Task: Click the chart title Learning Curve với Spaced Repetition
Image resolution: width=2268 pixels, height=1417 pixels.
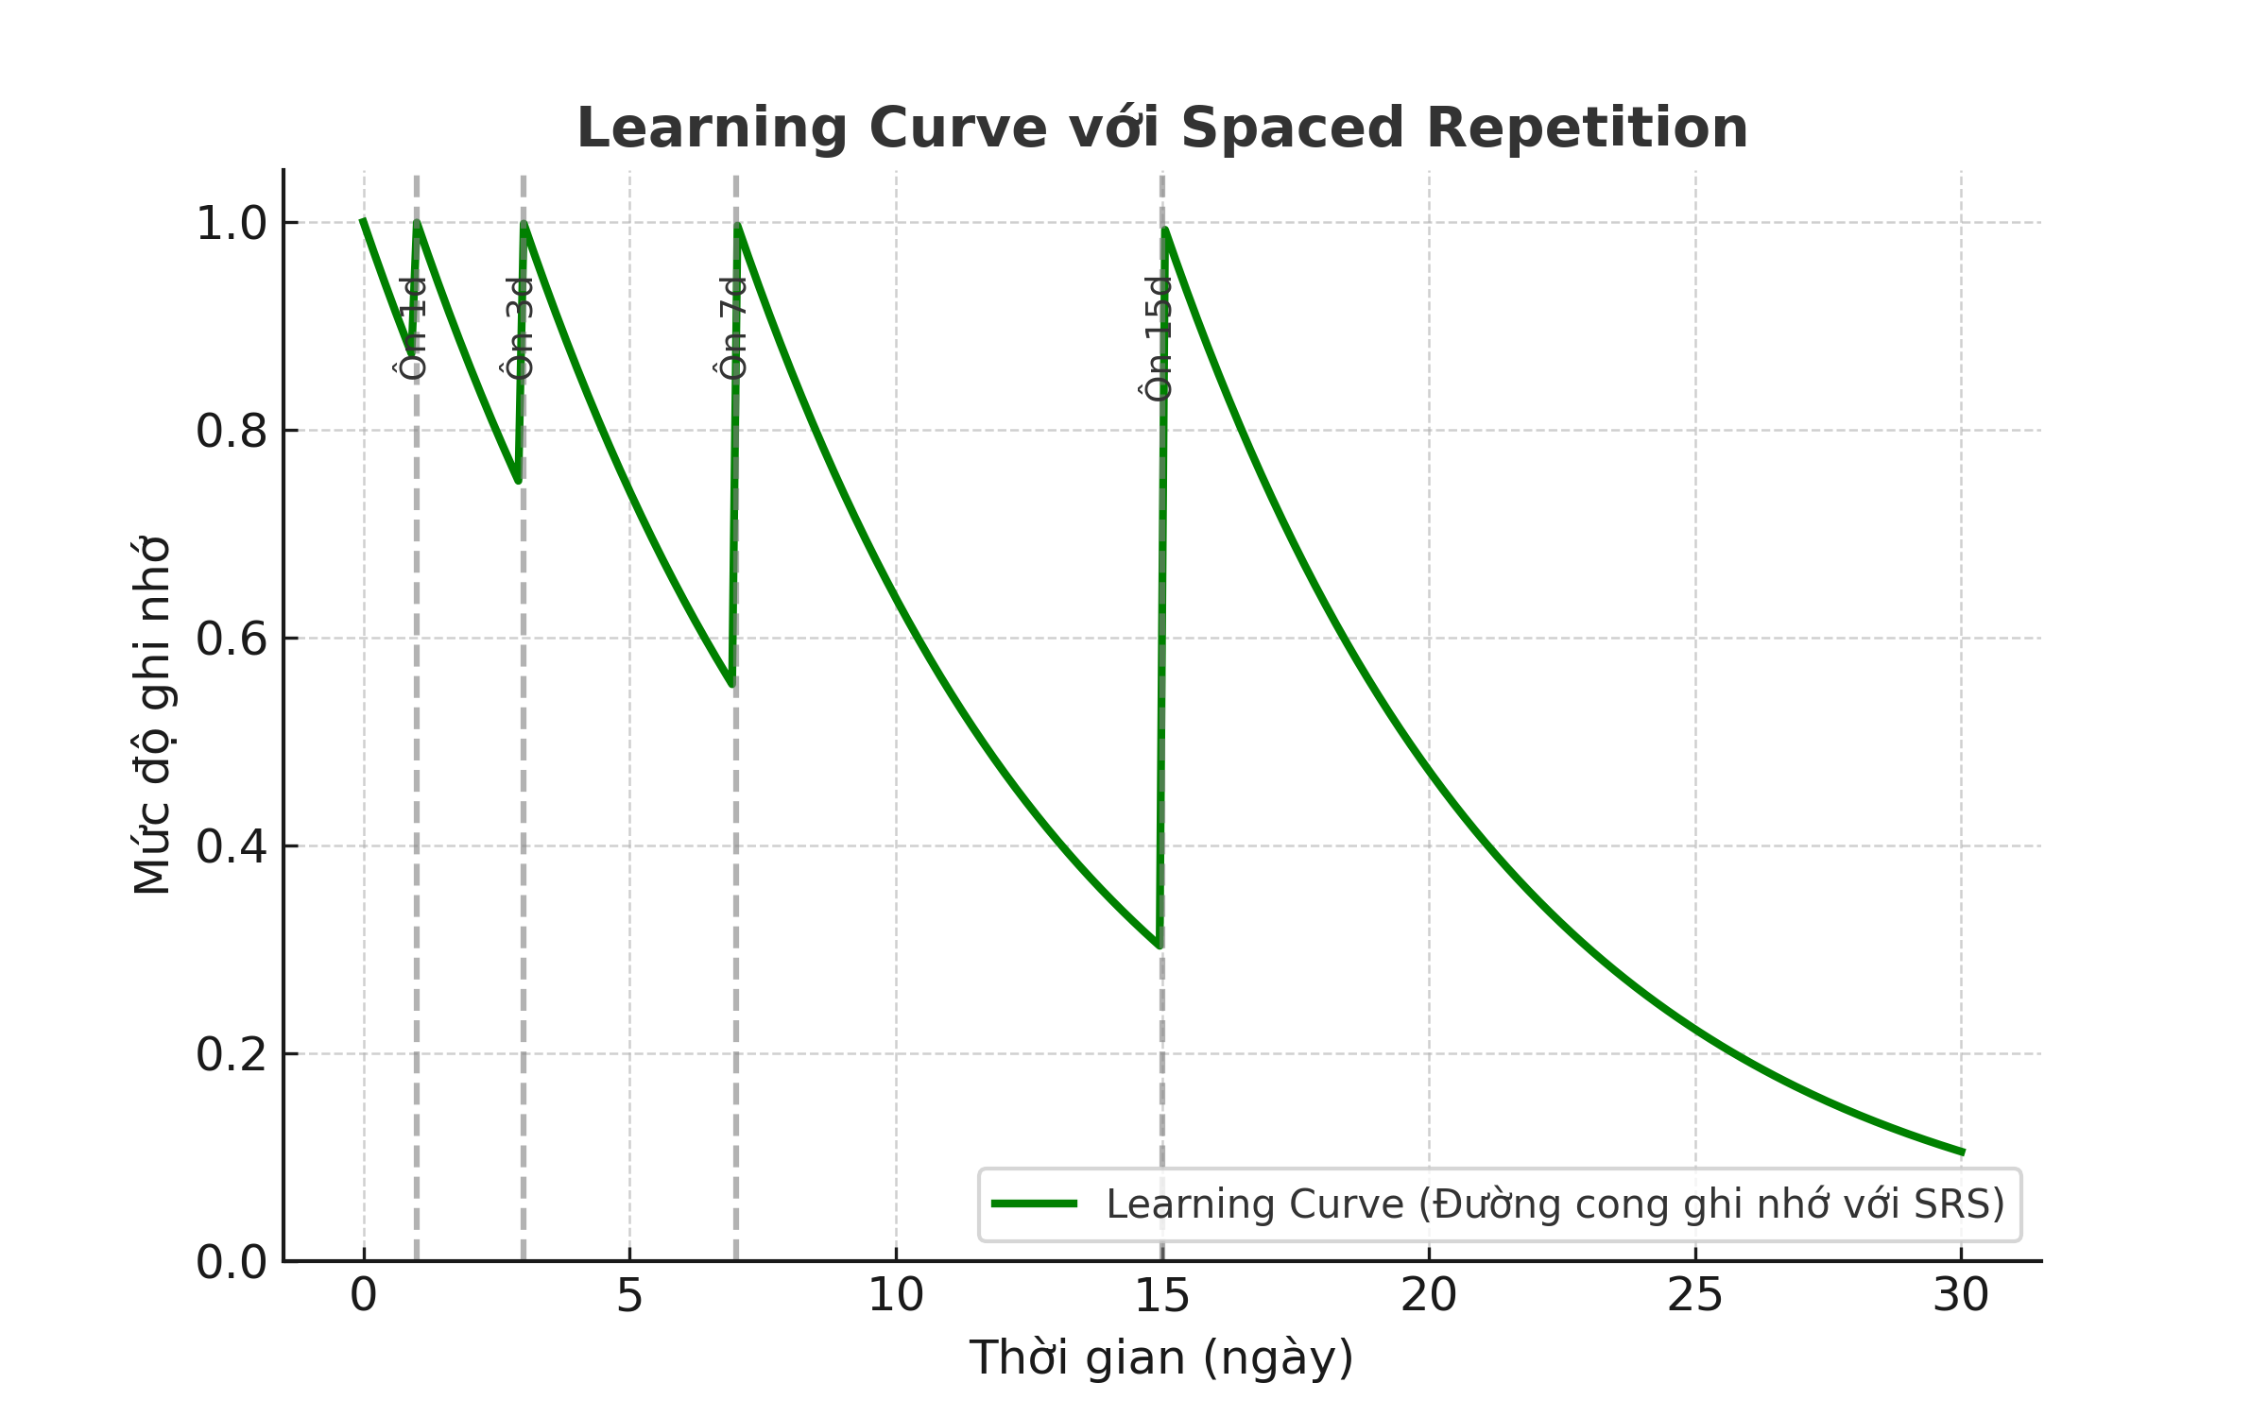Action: (1161, 128)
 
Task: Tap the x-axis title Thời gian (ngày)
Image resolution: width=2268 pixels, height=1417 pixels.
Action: (1161, 1358)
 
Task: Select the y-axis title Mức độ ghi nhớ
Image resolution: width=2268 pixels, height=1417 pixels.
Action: (152, 715)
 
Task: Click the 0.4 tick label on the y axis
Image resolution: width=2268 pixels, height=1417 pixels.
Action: (232, 847)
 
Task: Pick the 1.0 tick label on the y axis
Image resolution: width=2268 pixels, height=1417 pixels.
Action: (232, 225)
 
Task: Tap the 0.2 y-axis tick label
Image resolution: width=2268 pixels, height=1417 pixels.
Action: (232, 1055)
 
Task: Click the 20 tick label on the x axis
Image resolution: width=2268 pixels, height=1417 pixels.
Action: (1428, 1295)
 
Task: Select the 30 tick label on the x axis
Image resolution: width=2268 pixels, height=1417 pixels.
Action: (1961, 1295)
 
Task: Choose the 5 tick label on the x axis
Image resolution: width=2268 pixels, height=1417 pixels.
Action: (629, 1295)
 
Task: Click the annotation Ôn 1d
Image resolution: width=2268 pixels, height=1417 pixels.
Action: (413, 329)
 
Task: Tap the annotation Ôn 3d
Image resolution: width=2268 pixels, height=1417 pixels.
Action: (520, 329)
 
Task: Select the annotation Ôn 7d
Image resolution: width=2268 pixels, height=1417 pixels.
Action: (733, 329)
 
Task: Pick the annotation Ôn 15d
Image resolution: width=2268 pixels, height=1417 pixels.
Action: (1158, 339)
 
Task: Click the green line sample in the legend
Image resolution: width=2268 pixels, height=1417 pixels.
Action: (1034, 1204)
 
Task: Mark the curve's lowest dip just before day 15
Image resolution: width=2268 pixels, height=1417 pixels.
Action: (1159, 945)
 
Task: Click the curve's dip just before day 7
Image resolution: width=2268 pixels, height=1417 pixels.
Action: (731, 684)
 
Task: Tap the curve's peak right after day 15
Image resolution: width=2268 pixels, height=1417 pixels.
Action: (1166, 230)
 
